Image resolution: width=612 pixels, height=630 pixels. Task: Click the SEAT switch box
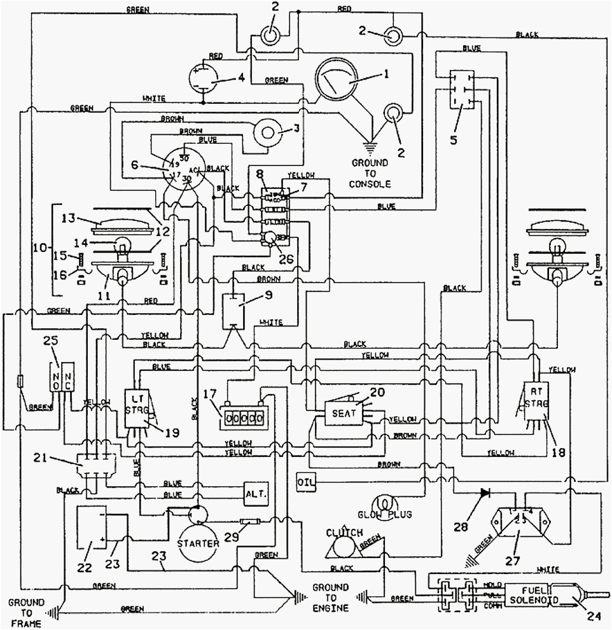[343, 413]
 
